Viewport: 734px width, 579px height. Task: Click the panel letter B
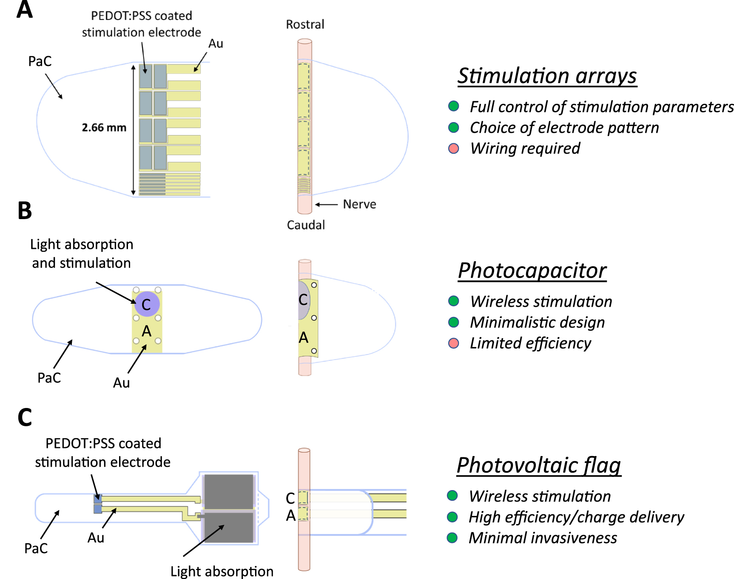[25, 211]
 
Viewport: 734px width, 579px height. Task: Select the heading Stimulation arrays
[547, 76]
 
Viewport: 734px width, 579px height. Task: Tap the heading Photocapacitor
[532, 271]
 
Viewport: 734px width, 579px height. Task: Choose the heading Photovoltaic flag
[538, 465]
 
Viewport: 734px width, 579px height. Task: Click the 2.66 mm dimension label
[104, 128]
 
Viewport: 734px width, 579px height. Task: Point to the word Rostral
[305, 25]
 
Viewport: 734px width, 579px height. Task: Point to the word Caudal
[306, 225]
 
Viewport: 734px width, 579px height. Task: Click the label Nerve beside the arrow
[359, 205]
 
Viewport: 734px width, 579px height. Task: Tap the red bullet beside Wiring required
[454, 148]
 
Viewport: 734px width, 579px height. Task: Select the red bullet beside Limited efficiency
[454, 343]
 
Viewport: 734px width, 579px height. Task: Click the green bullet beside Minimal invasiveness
[452, 538]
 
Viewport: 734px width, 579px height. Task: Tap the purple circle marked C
[147, 304]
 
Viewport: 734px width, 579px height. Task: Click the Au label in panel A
[216, 44]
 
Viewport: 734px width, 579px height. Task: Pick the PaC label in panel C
[36, 548]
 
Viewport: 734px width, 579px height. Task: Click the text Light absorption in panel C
[222, 571]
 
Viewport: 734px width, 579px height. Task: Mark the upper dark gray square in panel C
[229, 491]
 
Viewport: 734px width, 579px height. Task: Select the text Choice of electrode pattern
[564, 128]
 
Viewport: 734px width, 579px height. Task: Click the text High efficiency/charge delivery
[576, 517]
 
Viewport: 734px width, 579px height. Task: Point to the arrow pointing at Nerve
[326, 205]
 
